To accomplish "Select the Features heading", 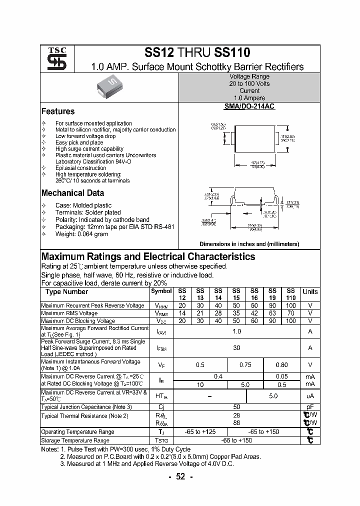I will [x=58, y=111].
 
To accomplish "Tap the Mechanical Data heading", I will [x=73, y=193].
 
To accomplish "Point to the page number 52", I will [x=180, y=476].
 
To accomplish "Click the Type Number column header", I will [x=66, y=292].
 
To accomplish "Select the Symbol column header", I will [x=161, y=291].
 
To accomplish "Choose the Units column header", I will [x=310, y=291].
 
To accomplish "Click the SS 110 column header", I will [x=291, y=294].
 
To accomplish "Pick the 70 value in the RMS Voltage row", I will [x=291, y=313].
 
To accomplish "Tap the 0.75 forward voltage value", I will [x=245, y=365].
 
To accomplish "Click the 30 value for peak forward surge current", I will [x=236, y=348].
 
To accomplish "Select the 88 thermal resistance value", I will [x=236, y=422].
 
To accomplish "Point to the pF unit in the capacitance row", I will [x=310, y=407].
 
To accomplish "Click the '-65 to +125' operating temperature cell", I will [x=200, y=432].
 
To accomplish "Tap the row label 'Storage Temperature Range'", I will [x=75, y=440].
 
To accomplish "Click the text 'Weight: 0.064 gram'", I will [x=81, y=234].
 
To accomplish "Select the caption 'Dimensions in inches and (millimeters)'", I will [x=249, y=244].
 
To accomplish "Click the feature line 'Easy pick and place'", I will [x=79, y=142].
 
